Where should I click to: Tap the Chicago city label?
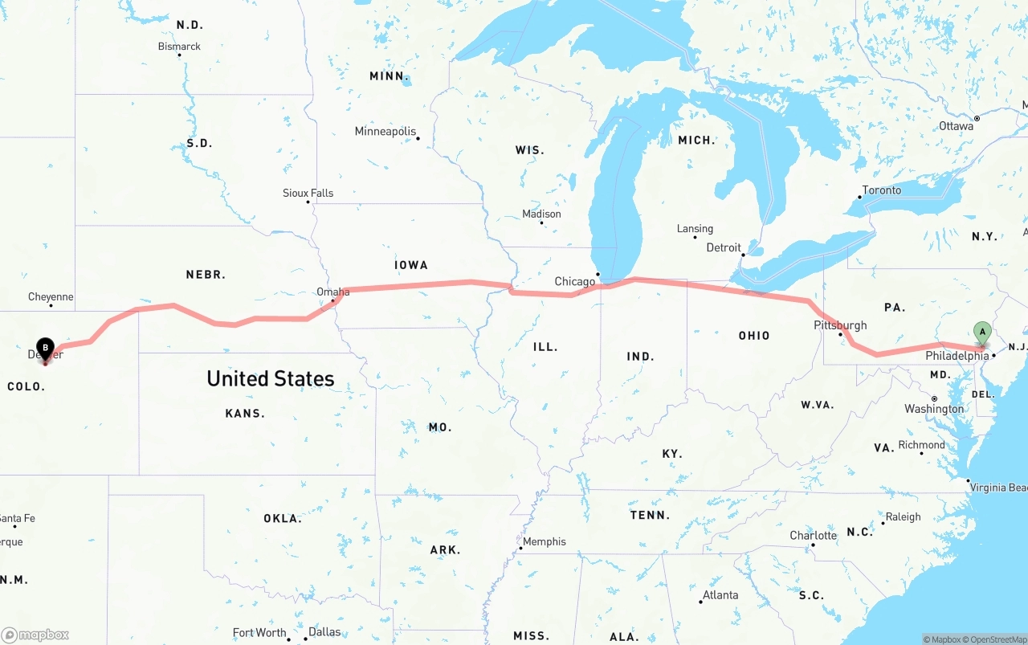click(x=575, y=282)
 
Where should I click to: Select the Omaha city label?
click(x=332, y=292)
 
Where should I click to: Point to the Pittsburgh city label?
click(x=840, y=325)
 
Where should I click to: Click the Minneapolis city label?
click(x=385, y=131)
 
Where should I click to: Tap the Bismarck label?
click(x=179, y=47)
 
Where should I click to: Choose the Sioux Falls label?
click(x=308, y=193)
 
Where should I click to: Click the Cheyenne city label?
click(x=51, y=296)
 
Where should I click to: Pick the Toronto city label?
click(x=881, y=190)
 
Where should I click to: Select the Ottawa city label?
click(x=956, y=126)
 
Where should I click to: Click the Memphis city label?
click(x=544, y=541)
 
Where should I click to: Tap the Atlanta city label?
click(x=720, y=595)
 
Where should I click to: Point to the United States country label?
click(x=270, y=378)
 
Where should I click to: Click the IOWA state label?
click(x=410, y=265)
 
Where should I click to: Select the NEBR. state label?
click(x=206, y=275)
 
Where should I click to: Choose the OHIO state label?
click(x=753, y=336)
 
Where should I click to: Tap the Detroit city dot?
click(x=744, y=255)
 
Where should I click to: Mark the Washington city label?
click(x=934, y=409)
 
